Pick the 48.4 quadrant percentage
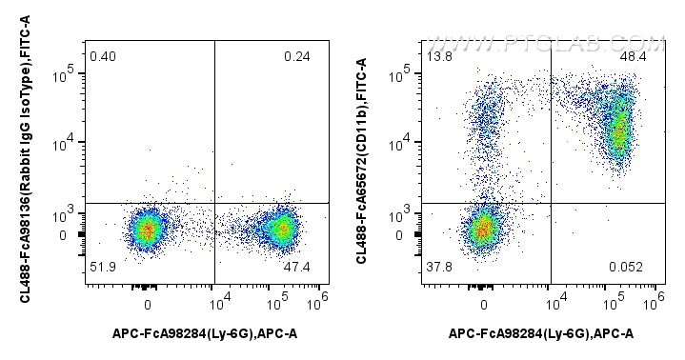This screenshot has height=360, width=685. click(634, 57)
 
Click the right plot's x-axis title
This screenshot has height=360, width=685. click(540, 332)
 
